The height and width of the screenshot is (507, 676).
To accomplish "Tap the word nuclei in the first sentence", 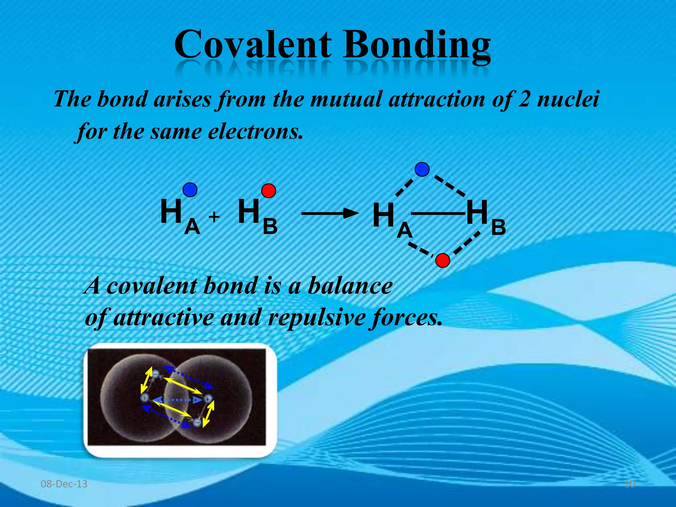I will point(568,99).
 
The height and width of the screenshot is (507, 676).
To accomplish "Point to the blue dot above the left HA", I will point(190,190).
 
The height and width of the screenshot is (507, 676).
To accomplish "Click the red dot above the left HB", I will point(268,191).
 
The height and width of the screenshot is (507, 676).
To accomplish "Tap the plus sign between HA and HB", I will point(214,217).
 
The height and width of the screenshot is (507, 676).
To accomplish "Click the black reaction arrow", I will point(330,213).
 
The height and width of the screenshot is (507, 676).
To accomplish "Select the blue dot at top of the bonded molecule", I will point(422,169).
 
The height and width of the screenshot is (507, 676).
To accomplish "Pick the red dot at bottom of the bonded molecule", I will point(443,260).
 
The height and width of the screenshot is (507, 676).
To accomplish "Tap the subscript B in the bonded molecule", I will point(498,227).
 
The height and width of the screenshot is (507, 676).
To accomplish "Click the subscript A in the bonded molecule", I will point(405,230).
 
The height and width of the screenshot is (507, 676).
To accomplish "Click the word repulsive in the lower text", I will point(317,318).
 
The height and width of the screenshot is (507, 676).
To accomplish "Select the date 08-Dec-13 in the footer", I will point(64,484).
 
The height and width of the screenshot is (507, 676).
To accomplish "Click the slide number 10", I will point(629,484).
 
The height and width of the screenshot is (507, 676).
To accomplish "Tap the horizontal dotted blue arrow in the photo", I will point(178,400).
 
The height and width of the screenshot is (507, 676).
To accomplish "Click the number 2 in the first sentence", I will point(524,99).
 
